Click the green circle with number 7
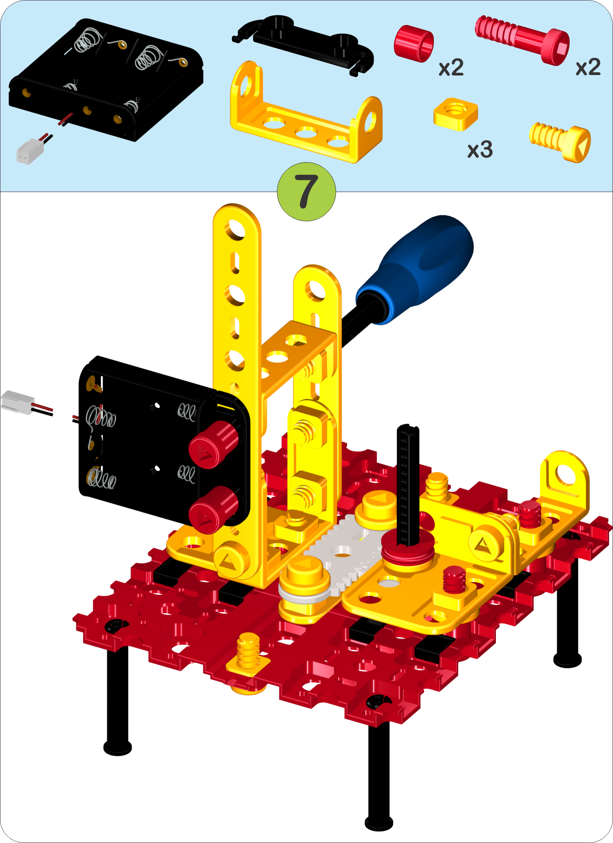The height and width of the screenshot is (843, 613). pyautogui.click(x=306, y=191)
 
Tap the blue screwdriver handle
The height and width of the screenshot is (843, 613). pyautogui.click(x=415, y=268)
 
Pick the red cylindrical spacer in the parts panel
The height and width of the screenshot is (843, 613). pyautogui.click(x=413, y=44)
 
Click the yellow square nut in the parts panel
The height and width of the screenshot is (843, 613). pyautogui.click(x=456, y=114)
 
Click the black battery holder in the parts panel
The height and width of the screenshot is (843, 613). pyautogui.click(x=106, y=80)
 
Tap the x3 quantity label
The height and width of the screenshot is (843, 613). pyautogui.click(x=480, y=150)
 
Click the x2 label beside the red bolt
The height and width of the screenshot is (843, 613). pyautogui.click(x=588, y=68)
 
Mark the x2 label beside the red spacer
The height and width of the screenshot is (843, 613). pyautogui.click(x=451, y=68)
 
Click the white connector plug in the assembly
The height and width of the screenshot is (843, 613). pyautogui.click(x=18, y=402)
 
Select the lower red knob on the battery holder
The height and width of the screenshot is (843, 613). pyautogui.click(x=213, y=510)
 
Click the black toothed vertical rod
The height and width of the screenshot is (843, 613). pyautogui.click(x=408, y=484)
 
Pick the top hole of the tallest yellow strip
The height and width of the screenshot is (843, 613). pyautogui.click(x=236, y=230)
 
